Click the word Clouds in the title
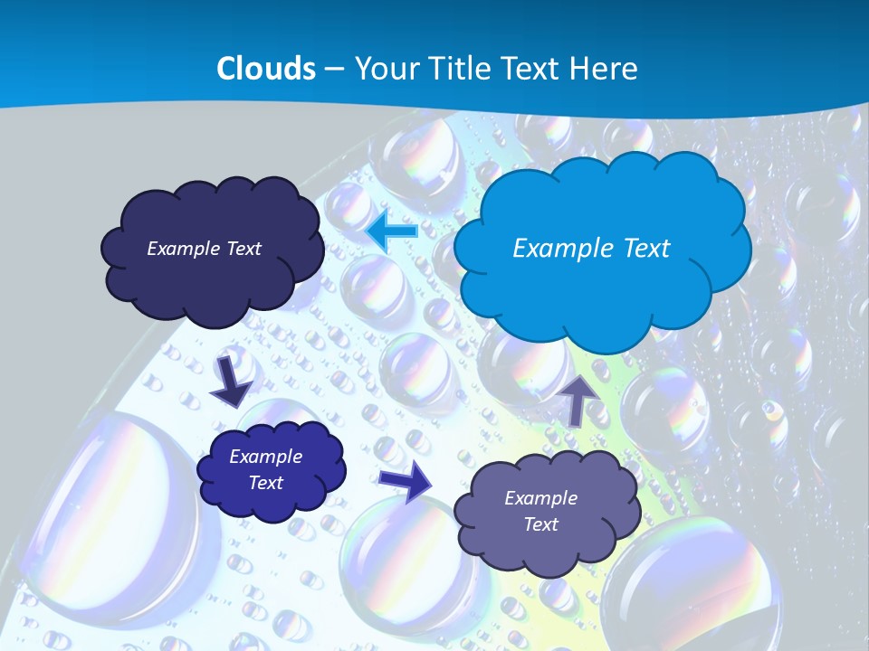pos(266,69)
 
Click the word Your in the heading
pos(384,69)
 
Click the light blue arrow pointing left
pos(392,231)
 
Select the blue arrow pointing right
pos(406,480)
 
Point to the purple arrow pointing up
pos(578,399)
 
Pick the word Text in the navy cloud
pos(244,249)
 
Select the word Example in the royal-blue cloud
pos(265,457)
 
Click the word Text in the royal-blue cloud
pos(265,483)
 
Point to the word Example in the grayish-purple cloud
pos(540,498)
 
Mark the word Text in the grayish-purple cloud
pos(540,524)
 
